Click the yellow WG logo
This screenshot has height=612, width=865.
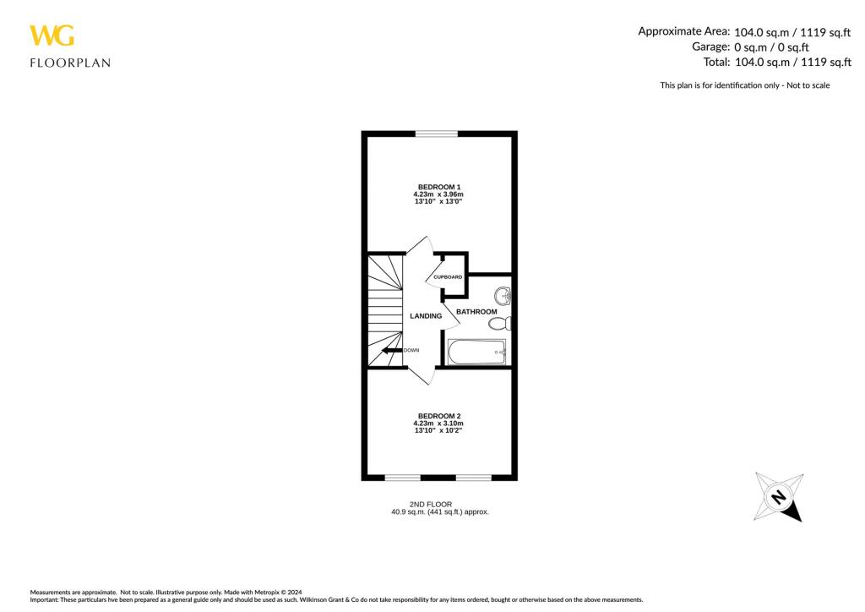(x=52, y=36)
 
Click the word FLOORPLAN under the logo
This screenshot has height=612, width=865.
(x=70, y=63)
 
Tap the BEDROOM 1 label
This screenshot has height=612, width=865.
(x=439, y=187)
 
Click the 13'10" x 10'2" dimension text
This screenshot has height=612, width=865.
(x=438, y=431)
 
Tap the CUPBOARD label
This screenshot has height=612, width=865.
(x=448, y=277)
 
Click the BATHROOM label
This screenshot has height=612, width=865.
(x=476, y=312)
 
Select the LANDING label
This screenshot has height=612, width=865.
(x=425, y=316)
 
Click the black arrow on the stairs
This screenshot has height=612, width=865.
(x=390, y=350)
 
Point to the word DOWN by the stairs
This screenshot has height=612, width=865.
(x=411, y=350)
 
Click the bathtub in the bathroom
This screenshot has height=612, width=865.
(x=476, y=352)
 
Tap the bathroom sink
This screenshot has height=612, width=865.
(x=503, y=296)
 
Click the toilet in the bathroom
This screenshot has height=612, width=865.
(x=499, y=323)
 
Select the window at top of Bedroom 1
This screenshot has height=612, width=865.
(x=437, y=133)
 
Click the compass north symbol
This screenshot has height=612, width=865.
(x=778, y=497)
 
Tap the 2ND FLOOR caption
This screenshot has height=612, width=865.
(x=438, y=504)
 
